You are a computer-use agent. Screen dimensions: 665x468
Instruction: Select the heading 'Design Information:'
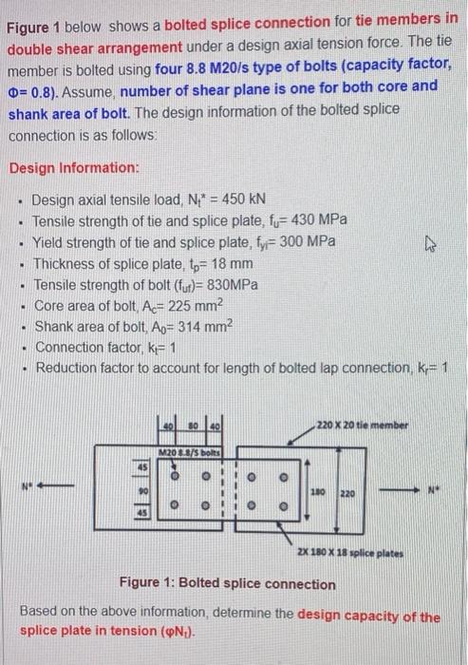(74, 167)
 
